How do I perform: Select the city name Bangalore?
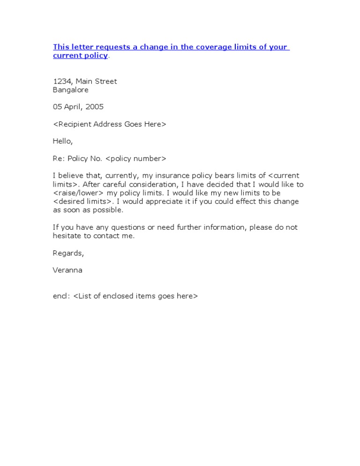(70, 90)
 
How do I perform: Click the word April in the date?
(73, 107)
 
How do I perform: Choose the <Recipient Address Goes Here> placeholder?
(109, 124)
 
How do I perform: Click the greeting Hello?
(62, 141)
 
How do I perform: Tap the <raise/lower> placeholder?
(78, 193)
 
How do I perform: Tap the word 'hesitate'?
(67, 236)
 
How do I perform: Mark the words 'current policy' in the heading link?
(80, 56)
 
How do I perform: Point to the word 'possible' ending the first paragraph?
(108, 210)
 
